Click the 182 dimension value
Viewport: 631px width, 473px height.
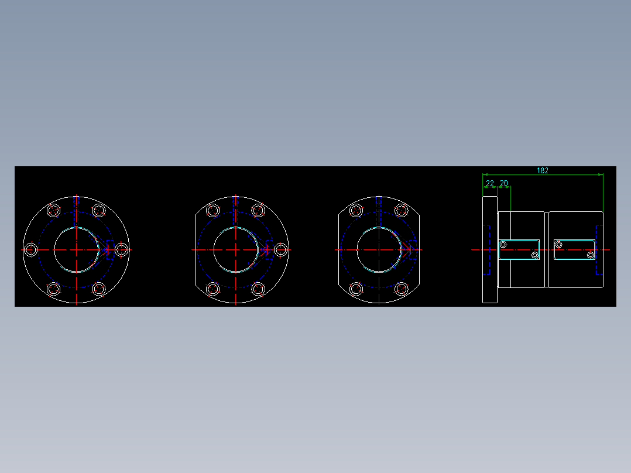[x=542, y=170]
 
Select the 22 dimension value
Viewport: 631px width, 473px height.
[x=490, y=183]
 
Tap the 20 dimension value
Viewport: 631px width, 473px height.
[x=503, y=183]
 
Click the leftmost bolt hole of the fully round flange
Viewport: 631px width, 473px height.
[x=32, y=250]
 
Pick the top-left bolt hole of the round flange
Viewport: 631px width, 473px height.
[x=54, y=211]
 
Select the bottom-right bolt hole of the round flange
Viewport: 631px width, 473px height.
[x=99, y=289]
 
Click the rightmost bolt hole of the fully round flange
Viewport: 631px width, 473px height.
[x=121, y=250]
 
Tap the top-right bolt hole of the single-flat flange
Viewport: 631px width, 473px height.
[x=258, y=211]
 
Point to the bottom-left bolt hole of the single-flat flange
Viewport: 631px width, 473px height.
[x=212, y=289]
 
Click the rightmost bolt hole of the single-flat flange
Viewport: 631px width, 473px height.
[x=280, y=250]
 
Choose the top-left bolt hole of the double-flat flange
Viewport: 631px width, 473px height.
[x=356, y=211]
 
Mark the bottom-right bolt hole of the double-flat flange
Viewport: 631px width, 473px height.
[x=401, y=289]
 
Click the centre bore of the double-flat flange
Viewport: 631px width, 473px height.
[x=379, y=250]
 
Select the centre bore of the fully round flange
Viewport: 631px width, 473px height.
[x=77, y=250]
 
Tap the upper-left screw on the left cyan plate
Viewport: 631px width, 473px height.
[x=503, y=244]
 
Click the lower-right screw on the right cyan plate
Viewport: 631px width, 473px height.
[x=590, y=255]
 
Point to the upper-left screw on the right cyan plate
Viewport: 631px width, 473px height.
[x=559, y=244]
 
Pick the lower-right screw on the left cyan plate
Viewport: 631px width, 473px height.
[x=534, y=255]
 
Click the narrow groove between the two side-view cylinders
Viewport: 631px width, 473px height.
[x=547, y=250]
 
